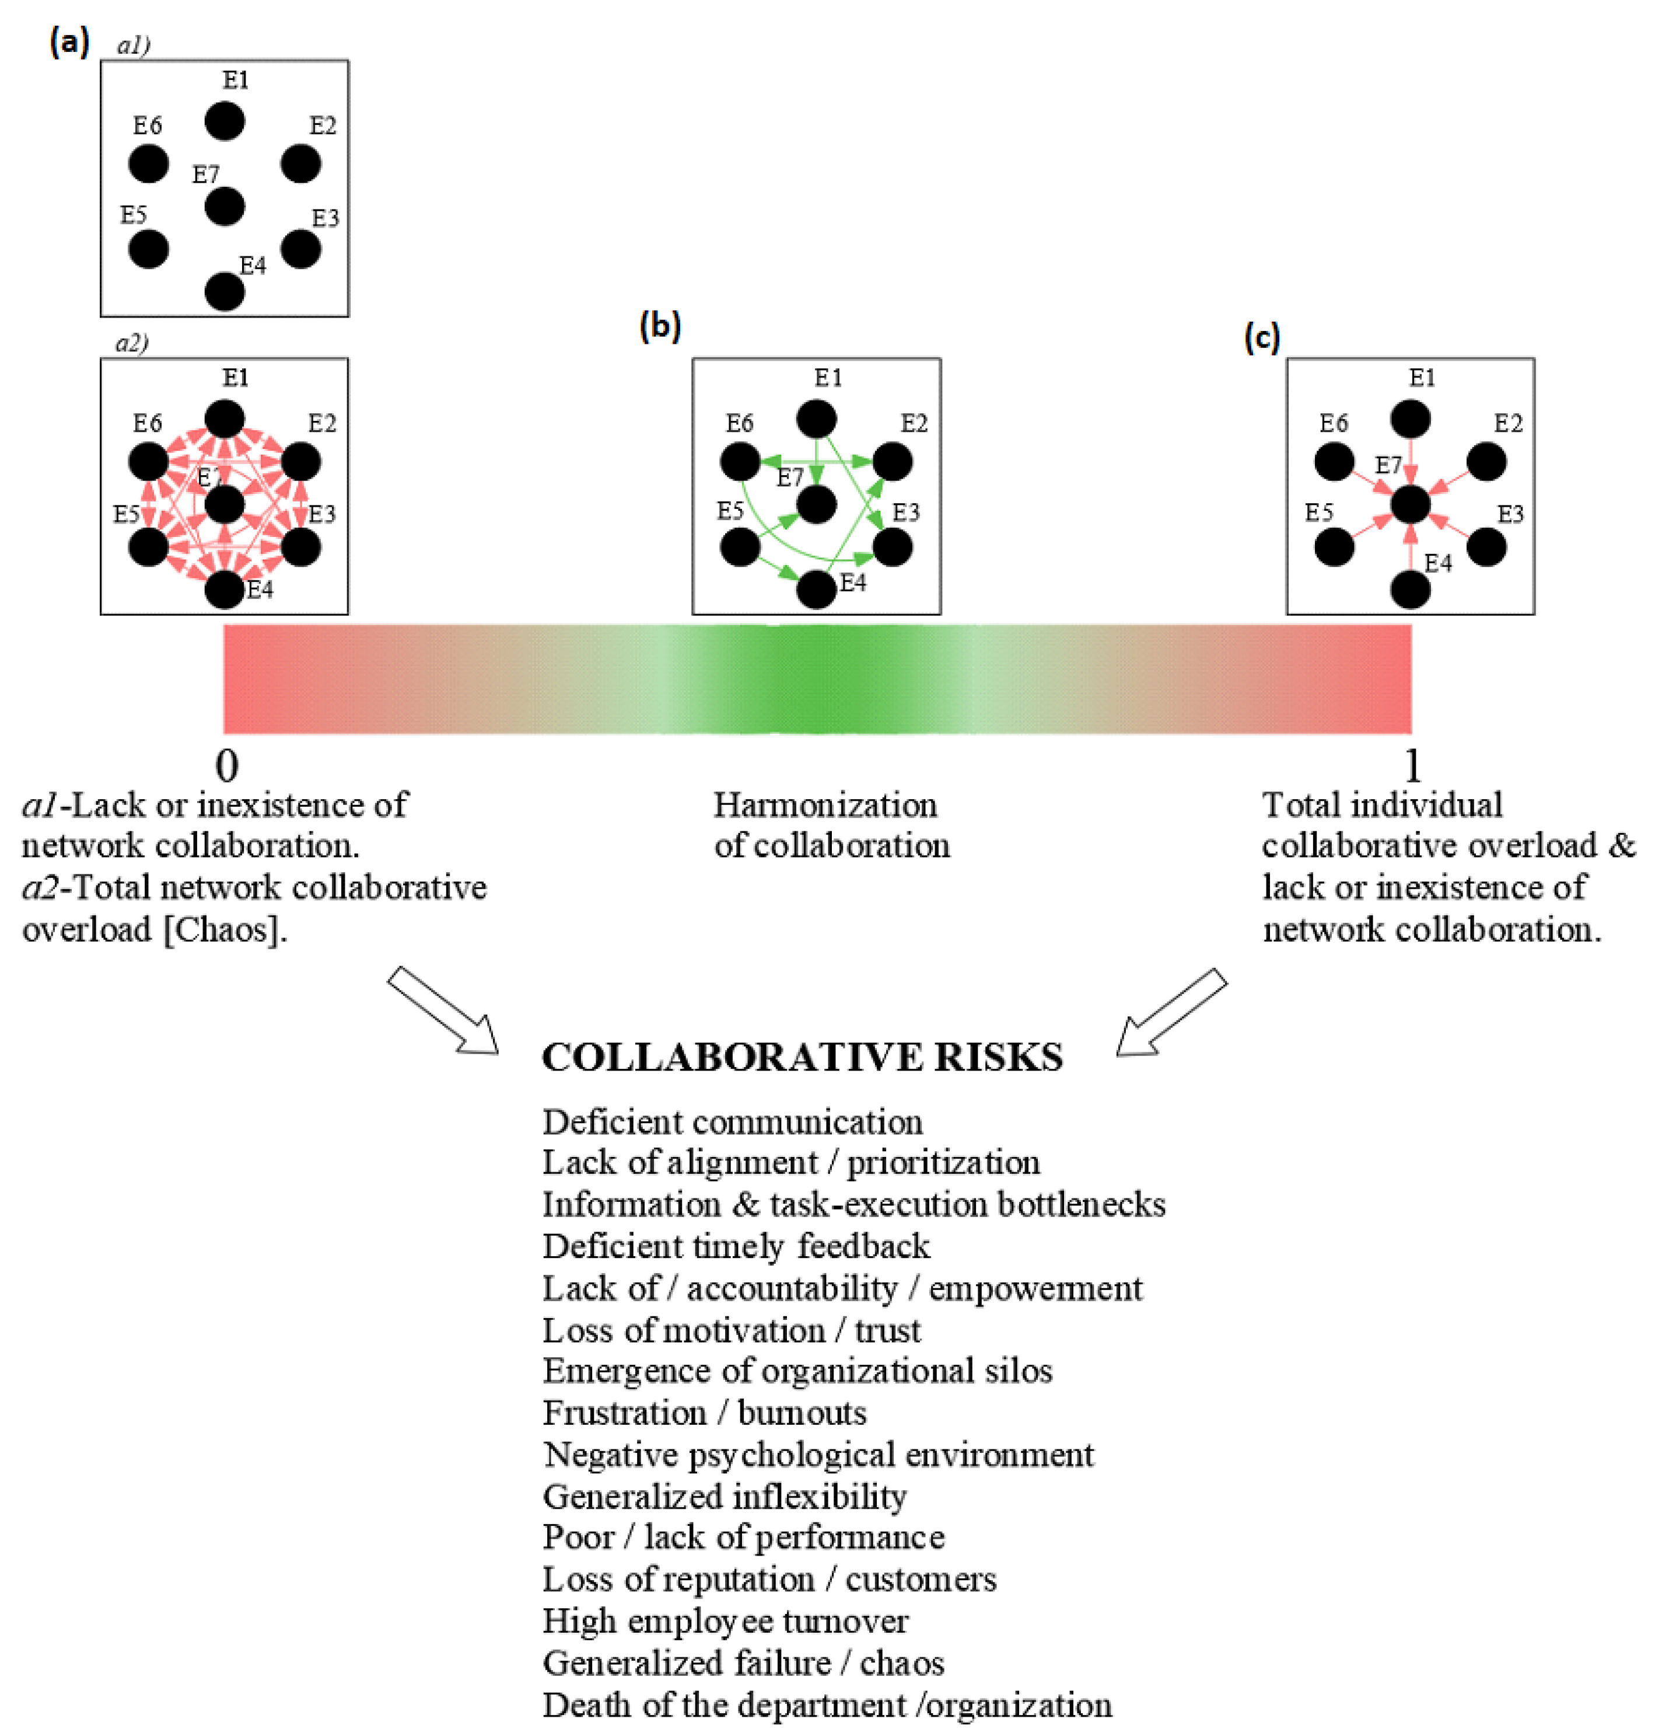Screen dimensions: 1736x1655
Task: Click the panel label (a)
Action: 69,41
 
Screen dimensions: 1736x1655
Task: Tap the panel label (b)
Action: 660,326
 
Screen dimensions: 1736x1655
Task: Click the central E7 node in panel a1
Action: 224,207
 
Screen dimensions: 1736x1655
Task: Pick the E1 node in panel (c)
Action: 1410,419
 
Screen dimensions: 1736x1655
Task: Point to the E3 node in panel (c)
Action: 1486,547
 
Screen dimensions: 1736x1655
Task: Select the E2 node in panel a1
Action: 301,164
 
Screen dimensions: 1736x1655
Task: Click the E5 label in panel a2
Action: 126,514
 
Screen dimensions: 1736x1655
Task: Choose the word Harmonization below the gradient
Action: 825,805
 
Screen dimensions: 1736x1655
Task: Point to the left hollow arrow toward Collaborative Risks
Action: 443,1010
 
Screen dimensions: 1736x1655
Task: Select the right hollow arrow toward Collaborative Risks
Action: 1171,1012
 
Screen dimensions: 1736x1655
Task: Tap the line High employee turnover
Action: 725,1621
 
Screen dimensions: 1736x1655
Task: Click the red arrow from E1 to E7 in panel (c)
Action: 1410,461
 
